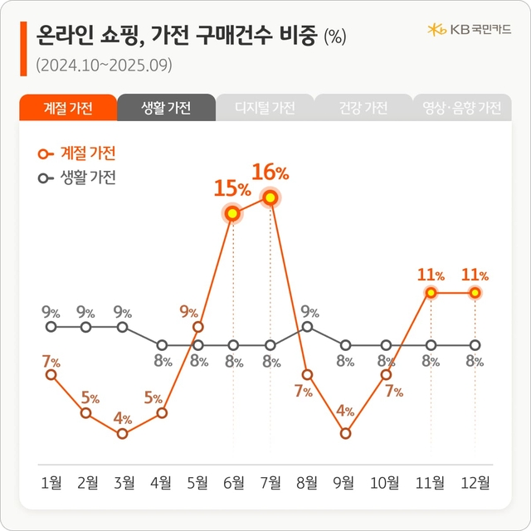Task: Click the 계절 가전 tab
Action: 67,108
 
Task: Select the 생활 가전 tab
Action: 166,108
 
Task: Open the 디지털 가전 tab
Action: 265,108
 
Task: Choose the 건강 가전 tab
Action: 363,108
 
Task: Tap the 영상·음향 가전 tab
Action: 461,108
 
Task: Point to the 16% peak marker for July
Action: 270,197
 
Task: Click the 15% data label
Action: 232,188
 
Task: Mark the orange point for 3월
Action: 123,433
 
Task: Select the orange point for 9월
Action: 346,433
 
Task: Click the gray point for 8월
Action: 307,327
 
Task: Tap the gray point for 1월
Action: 51,327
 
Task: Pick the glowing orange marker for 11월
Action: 431,293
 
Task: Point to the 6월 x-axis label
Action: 233,484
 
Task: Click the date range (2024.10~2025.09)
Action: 105,64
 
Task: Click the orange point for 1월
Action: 51,375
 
